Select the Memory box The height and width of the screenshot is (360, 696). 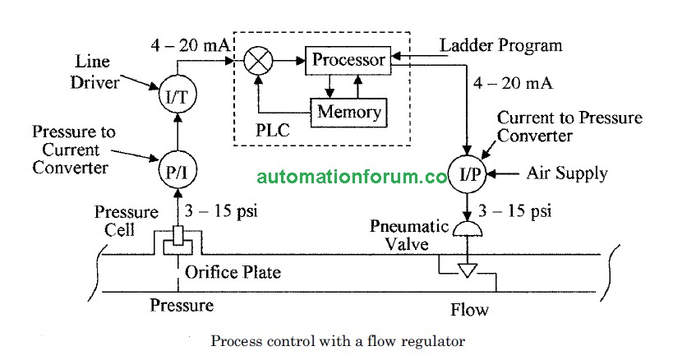click(x=348, y=112)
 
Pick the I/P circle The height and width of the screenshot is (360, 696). click(x=469, y=174)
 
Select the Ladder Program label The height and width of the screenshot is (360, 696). click(x=501, y=44)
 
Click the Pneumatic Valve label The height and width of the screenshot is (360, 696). click(x=408, y=235)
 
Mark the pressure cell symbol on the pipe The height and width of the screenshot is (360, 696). click(x=176, y=242)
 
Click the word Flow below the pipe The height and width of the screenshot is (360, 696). click(x=469, y=310)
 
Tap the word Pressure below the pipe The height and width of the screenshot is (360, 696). click(x=182, y=306)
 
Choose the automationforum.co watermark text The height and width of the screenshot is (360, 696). click(x=352, y=176)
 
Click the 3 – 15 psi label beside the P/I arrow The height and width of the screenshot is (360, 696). click(x=221, y=210)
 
